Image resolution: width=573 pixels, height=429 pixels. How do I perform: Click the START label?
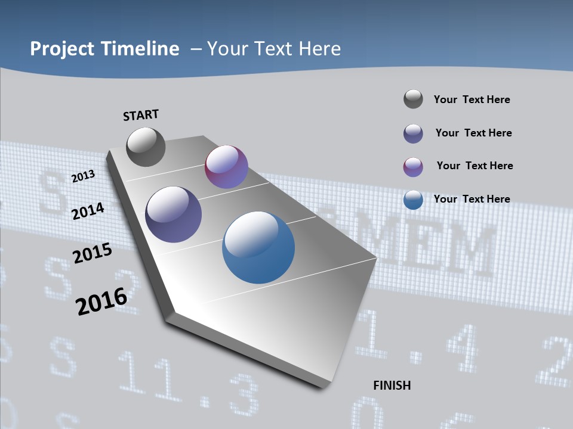click(141, 115)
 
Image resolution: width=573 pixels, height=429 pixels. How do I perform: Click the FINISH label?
click(392, 386)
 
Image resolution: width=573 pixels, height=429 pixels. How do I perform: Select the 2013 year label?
click(84, 176)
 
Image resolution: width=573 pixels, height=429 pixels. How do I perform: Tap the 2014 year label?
click(88, 211)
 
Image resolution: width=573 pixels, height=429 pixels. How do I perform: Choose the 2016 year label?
click(101, 301)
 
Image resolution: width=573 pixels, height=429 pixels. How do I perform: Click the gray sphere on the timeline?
click(146, 147)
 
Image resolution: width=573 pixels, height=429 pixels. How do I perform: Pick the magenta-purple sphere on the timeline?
click(226, 167)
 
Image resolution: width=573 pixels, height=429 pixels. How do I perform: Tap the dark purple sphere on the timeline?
click(173, 214)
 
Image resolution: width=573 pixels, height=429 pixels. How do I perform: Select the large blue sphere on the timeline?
click(258, 247)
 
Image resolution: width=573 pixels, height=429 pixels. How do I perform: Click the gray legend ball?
click(413, 99)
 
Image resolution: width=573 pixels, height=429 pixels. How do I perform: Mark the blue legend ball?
click(413, 200)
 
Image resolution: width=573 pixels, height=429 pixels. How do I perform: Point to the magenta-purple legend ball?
click(413, 167)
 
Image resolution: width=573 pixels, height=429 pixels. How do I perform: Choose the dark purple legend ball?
click(413, 133)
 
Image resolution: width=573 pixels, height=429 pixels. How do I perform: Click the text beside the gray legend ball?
click(472, 100)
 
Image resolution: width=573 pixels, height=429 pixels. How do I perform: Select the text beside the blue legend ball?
click(472, 199)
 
